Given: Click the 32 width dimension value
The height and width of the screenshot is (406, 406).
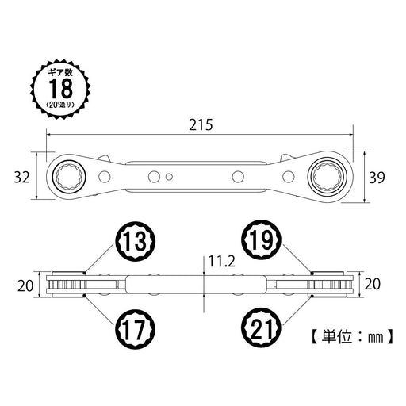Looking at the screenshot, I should pos(21,177).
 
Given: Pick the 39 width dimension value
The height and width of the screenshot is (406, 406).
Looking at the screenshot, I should pos(378,177).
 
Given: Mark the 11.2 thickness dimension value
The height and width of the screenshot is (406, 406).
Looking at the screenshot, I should pos(220,259).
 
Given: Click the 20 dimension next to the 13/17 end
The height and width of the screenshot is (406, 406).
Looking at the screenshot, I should pos(24,283).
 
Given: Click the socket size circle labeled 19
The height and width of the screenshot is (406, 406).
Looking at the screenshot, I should pos(262,240).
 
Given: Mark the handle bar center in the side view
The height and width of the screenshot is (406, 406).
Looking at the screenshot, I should pos(198,283).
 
